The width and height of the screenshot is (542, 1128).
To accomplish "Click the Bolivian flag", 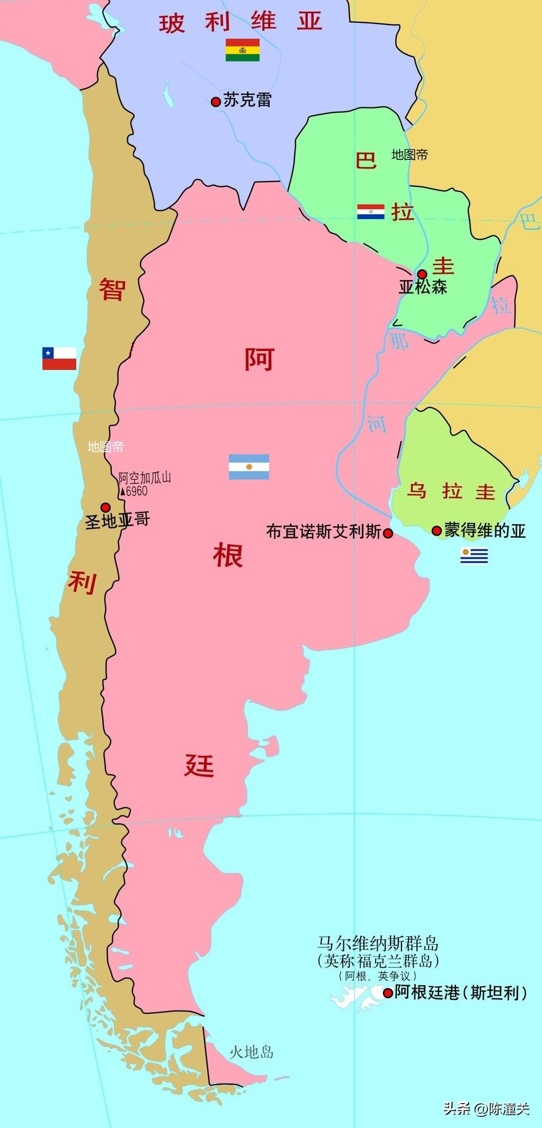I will click(242, 50).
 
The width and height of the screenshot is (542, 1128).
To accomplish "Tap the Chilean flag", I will click(59, 358).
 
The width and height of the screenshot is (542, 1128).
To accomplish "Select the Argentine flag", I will click(248, 467).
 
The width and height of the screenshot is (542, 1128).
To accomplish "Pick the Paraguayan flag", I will click(371, 212).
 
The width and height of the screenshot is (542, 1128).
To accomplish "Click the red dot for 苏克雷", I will click(216, 102).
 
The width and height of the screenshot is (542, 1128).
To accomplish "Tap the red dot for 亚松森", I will click(422, 274).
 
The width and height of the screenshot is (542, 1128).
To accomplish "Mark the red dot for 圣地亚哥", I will click(105, 507).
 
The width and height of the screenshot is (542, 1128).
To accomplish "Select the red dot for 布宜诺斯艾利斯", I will click(388, 534).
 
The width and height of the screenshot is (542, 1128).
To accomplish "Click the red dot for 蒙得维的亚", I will click(437, 530).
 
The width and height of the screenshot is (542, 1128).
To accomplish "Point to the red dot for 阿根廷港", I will click(388, 993).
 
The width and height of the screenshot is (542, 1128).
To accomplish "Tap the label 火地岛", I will click(251, 1052).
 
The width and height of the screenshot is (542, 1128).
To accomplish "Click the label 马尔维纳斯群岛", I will click(378, 944).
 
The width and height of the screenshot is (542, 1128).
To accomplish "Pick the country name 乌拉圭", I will click(451, 491).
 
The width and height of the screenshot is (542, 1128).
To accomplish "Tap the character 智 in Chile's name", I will click(112, 290).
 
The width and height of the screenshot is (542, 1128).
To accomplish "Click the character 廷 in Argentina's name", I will click(199, 765).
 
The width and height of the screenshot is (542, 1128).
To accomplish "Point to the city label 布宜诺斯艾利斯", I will click(323, 532).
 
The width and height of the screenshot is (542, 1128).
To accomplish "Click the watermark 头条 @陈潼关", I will click(486, 1108).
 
